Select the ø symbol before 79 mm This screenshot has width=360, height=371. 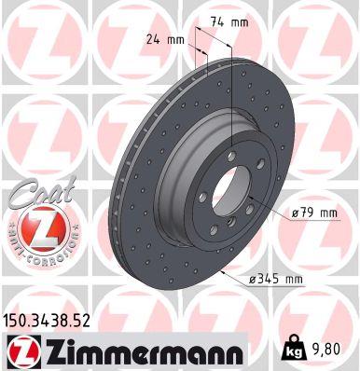(x=296, y=213)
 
